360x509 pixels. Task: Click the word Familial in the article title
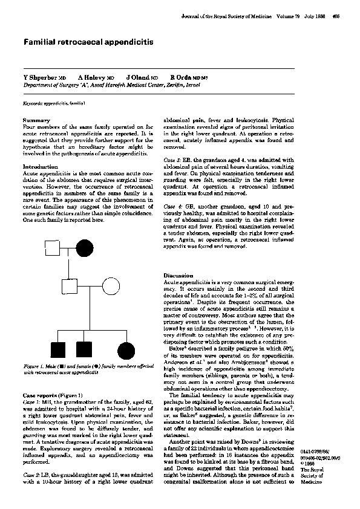click(x=41, y=44)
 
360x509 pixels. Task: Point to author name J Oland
click(x=139, y=79)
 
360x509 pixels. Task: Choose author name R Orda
click(x=184, y=79)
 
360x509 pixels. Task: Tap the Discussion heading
click(x=179, y=275)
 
